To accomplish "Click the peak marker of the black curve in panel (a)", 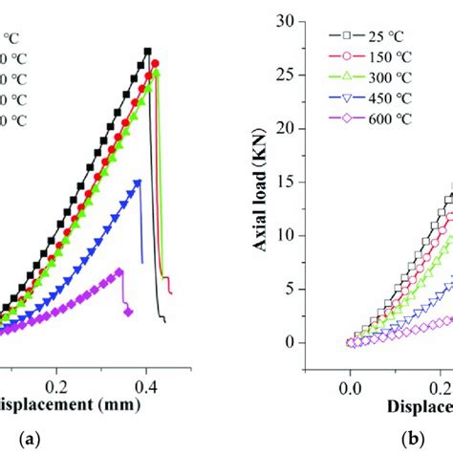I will [147, 51].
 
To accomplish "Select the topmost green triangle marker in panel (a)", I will [157, 73].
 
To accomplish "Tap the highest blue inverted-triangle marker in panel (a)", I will [138, 182].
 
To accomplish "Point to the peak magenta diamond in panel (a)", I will [119, 271].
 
